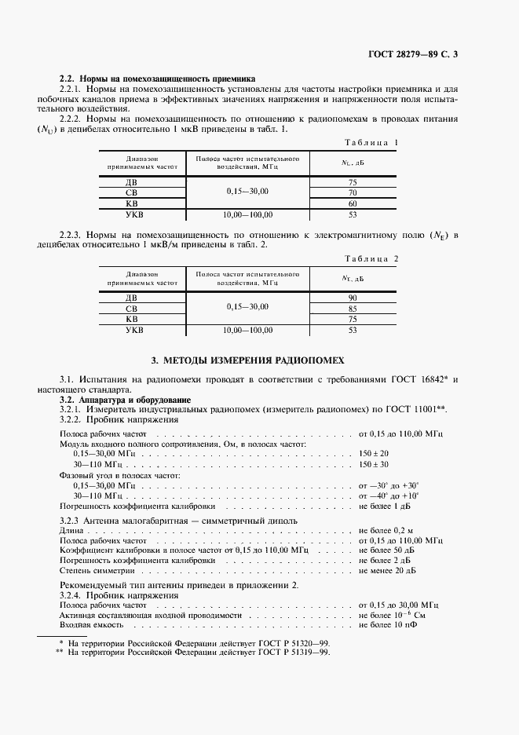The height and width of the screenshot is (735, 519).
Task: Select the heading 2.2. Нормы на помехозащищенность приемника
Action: [x=157, y=79]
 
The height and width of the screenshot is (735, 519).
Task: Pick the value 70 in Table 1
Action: [x=353, y=192]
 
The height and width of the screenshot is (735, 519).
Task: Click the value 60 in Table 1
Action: [x=353, y=203]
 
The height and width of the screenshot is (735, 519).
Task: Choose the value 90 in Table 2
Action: [x=353, y=298]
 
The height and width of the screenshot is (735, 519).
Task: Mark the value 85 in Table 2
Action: [x=353, y=309]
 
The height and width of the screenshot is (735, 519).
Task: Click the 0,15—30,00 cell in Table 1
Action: [x=247, y=192]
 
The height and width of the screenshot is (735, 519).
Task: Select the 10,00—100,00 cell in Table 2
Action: [x=247, y=331]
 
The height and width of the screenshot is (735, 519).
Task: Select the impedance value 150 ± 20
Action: [x=374, y=454]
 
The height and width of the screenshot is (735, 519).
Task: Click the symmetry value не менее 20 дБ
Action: [x=388, y=571]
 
